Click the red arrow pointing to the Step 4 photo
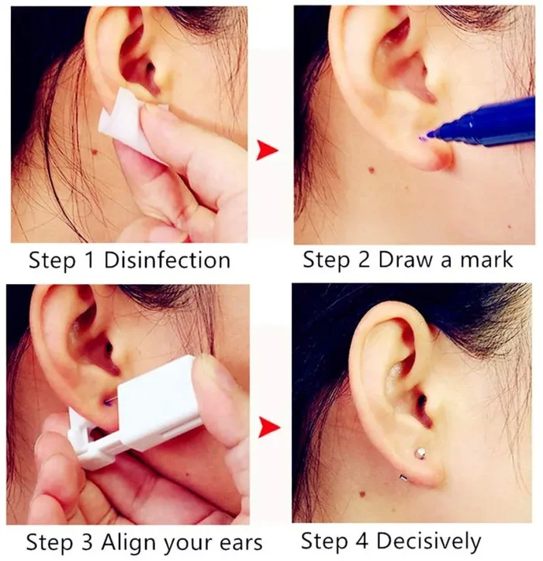tap(268, 425)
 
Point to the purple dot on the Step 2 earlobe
tap(422, 138)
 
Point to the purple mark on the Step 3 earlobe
tap(108, 401)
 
